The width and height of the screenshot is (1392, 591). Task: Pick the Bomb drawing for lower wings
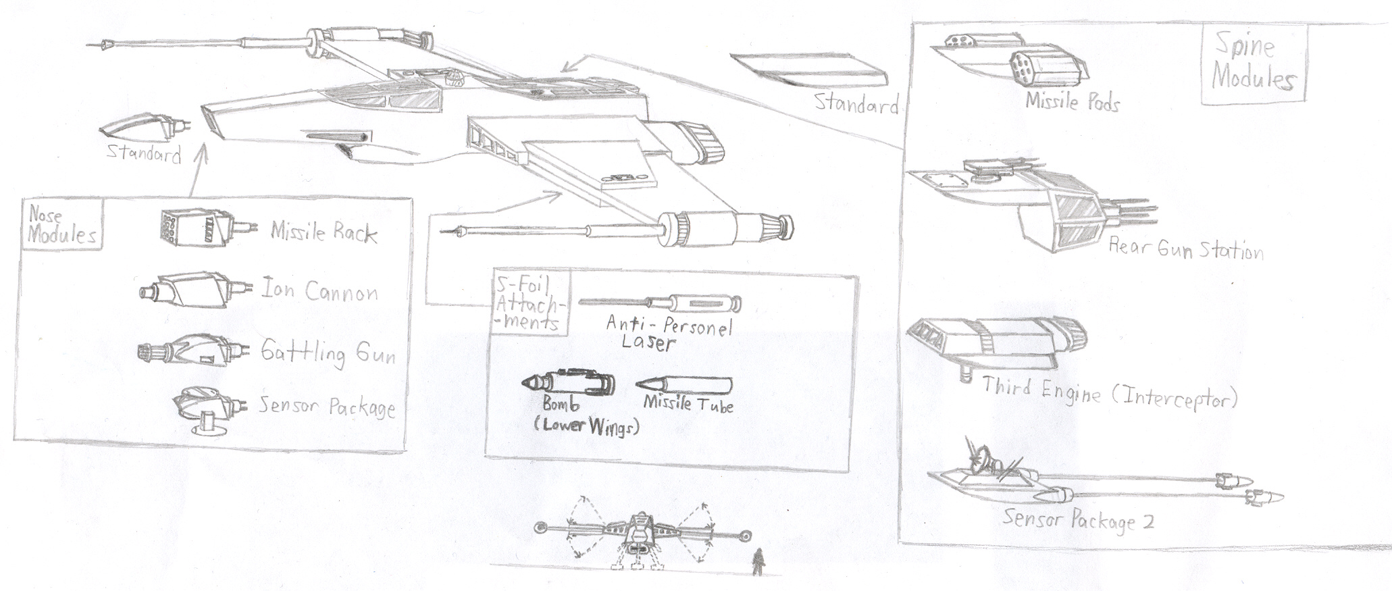coord(569,384)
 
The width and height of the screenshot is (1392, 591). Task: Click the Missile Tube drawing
coord(684,386)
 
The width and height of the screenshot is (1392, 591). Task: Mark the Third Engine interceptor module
coord(996,341)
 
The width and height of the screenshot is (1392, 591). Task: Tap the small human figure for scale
coord(758,561)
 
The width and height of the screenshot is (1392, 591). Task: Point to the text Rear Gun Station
coord(1185,249)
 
